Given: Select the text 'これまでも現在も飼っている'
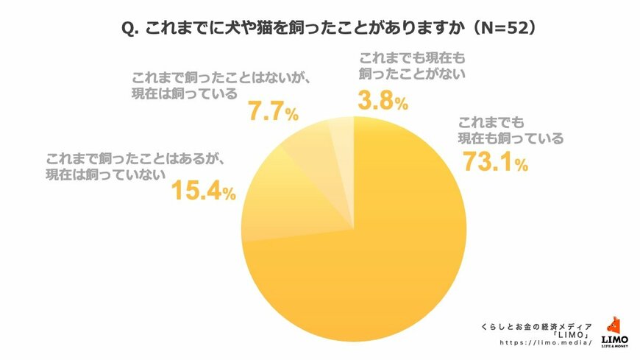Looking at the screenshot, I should (x=510, y=130).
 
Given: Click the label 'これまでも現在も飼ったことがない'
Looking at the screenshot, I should (x=412, y=65).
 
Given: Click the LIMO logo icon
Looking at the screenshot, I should (x=614, y=326).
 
